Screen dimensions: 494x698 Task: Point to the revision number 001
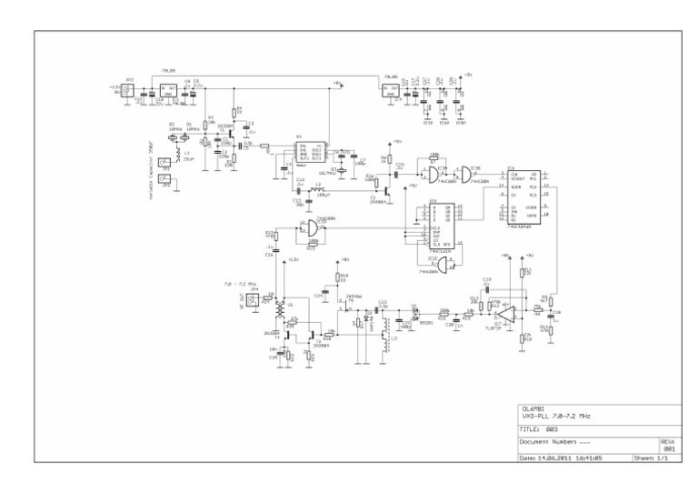click(x=668, y=449)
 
